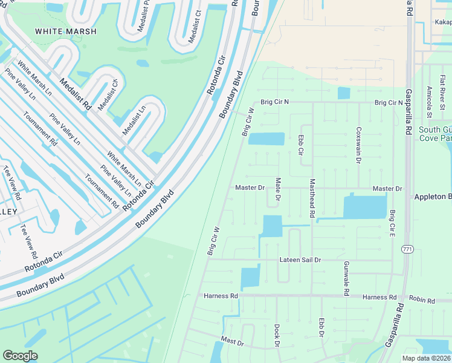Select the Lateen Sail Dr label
click(x=300, y=260)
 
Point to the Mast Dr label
click(x=232, y=342)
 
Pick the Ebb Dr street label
click(x=321, y=327)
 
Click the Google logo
click(x=20, y=356)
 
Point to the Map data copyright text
click(x=425, y=358)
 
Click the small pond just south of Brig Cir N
click(x=343, y=93)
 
